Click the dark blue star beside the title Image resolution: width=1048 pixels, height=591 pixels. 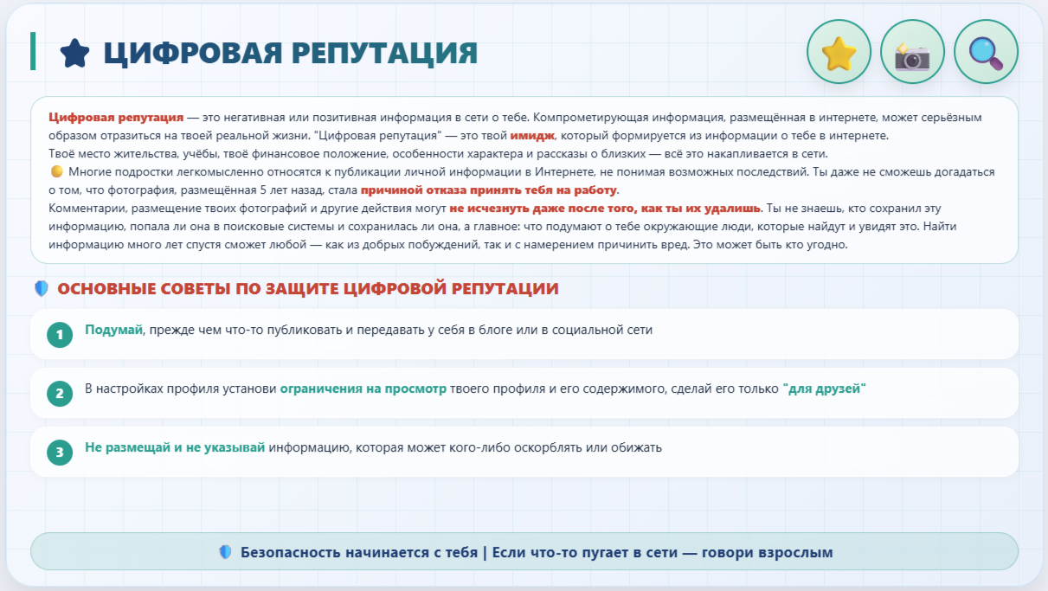coord(74,53)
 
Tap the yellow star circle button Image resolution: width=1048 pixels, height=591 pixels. coord(839,51)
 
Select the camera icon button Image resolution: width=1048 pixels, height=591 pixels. coord(912,51)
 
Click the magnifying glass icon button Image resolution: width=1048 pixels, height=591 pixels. coord(986,51)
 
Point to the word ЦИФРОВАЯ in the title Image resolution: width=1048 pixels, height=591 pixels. coord(193,53)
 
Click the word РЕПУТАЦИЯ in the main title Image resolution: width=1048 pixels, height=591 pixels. coord(384,53)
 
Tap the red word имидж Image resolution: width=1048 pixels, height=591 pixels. coord(532,136)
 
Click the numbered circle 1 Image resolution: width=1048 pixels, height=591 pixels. coord(60,335)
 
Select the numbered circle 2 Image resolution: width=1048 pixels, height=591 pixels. coord(60,393)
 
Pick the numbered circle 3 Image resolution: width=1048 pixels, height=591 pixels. coord(60,452)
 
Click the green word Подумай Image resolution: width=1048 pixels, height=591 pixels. coord(113,330)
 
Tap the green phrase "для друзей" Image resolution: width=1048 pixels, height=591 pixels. coord(825,389)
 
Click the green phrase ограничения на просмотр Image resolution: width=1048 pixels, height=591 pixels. coord(363,389)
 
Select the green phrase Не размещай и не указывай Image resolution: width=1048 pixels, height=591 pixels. coord(175,447)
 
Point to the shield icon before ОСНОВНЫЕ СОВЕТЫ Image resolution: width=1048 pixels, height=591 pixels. coord(42,288)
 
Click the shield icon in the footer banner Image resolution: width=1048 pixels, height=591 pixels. coord(225,552)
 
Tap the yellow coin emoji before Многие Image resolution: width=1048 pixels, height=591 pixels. coord(56,171)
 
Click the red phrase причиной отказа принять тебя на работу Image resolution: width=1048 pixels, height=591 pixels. coord(488,190)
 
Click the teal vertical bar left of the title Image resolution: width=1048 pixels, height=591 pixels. coord(33,51)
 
